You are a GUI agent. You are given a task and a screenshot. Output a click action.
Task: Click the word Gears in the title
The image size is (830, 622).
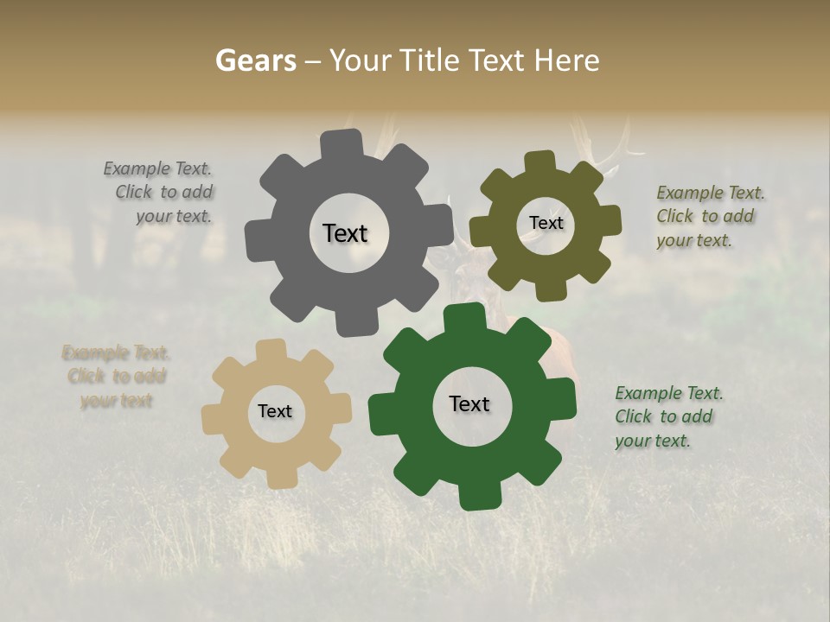click(254, 60)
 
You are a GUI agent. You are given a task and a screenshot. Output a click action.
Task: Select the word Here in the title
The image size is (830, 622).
click(566, 60)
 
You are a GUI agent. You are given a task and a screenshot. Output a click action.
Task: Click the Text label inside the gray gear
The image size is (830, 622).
click(345, 233)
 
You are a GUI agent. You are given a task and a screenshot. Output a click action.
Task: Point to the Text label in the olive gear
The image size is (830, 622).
click(546, 223)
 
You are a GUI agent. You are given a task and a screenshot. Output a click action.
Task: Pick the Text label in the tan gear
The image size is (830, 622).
click(275, 411)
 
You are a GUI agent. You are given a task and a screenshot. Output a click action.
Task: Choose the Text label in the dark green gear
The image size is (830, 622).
click(469, 403)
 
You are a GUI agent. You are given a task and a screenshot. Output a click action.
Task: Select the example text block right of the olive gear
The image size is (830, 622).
click(707, 216)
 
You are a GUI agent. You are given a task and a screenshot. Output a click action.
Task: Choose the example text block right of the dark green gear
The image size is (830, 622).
click(667, 416)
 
